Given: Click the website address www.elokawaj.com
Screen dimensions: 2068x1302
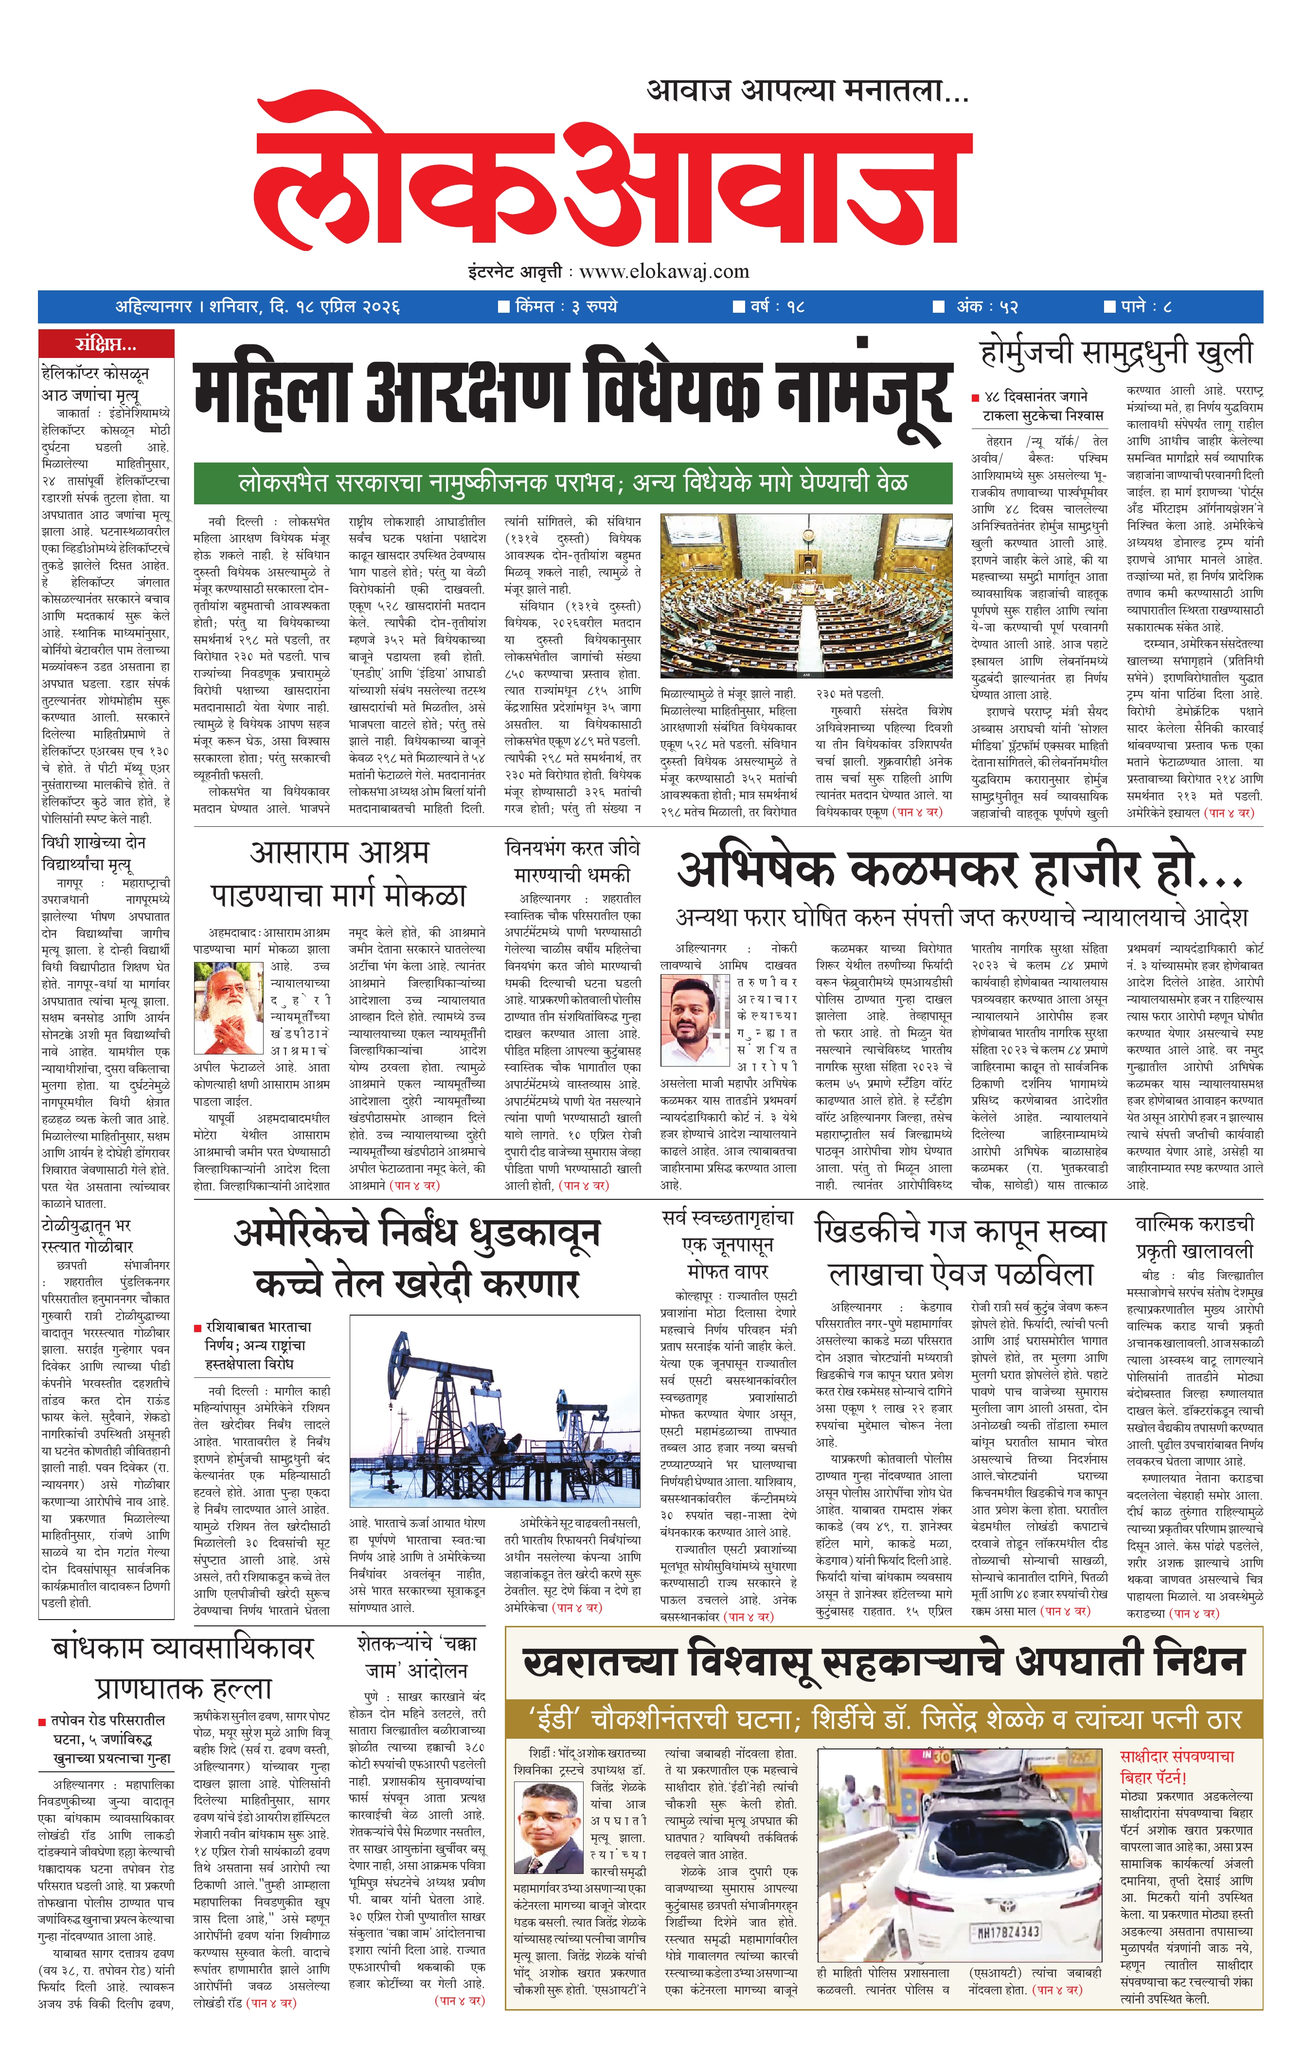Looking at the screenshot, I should click(664, 271).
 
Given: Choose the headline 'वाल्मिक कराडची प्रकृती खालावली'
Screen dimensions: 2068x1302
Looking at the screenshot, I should click(1194, 1237).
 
